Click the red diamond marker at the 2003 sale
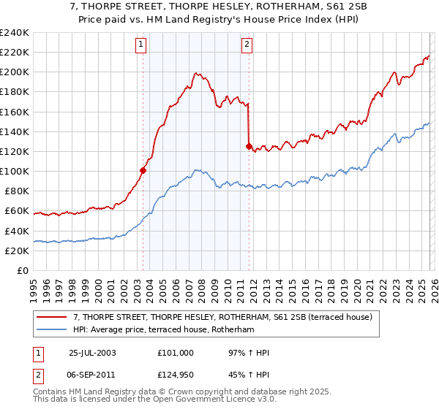click(x=143, y=170)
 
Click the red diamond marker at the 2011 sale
click(x=249, y=147)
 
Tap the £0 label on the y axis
click(x=22, y=270)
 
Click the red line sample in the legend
click(x=52, y=317)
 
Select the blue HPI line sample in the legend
click(x=52, y=330)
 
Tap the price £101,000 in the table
click(x=175, y=353)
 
